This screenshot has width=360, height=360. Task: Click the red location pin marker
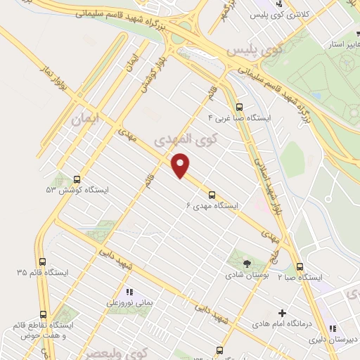(181, 165)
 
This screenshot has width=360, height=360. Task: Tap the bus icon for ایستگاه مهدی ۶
(212, 195)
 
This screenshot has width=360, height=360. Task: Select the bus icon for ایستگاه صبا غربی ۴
(240, 108)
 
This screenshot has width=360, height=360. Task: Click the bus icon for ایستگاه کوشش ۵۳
(77, 179)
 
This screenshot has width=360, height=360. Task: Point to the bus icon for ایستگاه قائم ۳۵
(43, 261)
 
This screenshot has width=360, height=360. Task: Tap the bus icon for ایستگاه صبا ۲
(300, 266)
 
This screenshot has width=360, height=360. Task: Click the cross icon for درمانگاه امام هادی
(283, 313)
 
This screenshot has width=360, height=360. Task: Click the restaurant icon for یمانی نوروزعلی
(128, 291)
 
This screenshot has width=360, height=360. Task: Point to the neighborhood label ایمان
(86, 120)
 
